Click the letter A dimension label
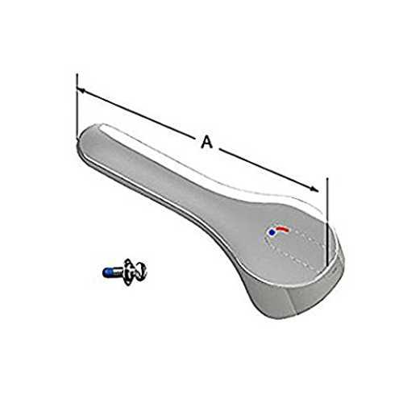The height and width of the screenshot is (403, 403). [207, 142]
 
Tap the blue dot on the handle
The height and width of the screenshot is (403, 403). [272, 233]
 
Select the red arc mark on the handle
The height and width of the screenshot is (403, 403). [282, 228]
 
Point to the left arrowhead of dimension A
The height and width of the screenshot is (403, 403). [81, 90]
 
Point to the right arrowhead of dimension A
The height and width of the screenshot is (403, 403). [314, 189]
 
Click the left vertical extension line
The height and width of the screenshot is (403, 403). [77, 106]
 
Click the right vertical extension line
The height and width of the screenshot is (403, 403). [327, 220]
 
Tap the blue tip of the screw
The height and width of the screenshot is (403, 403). [106, 272]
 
